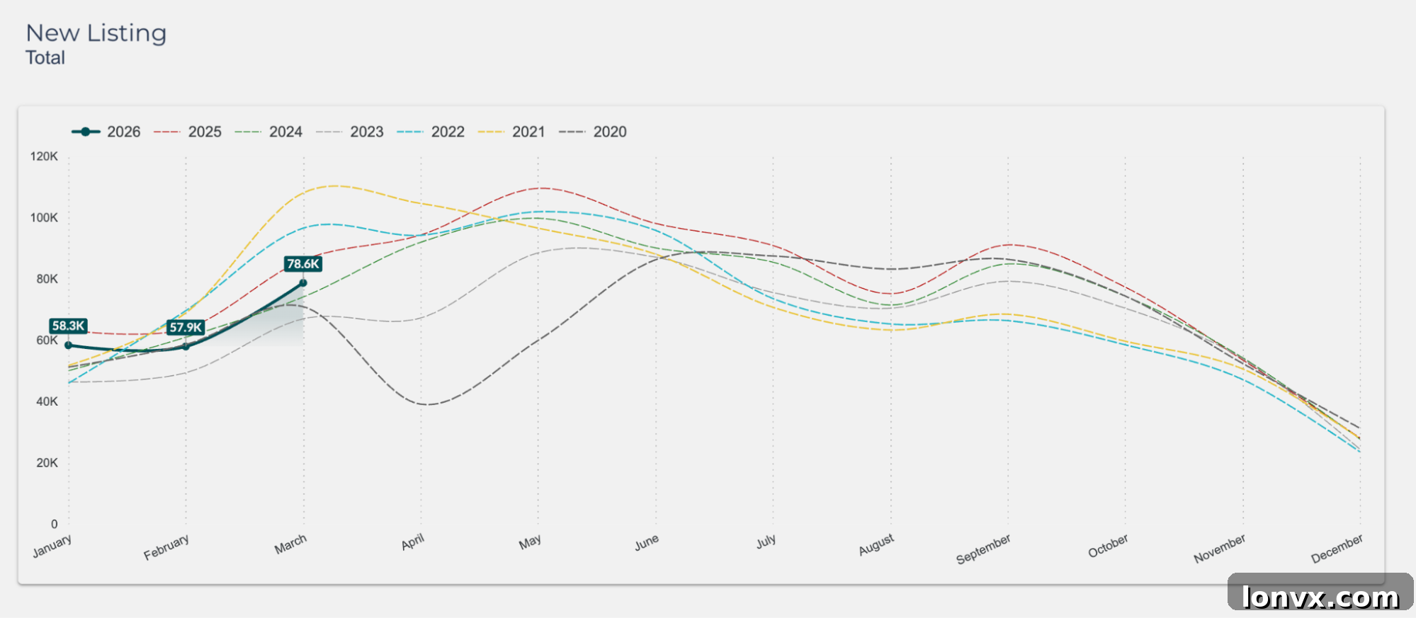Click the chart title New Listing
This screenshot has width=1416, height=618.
click(96, 33)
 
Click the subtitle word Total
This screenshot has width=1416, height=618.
click(45, 58)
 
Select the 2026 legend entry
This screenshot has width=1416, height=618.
click(106, 132)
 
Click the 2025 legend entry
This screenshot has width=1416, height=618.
click(188, 132)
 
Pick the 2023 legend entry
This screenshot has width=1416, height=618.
click(350, 132)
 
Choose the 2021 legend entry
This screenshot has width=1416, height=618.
click(511, 132)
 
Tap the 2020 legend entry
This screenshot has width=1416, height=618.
click(593, 132)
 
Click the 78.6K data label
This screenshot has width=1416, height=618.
click(303, 264)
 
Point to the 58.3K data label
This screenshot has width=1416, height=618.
click(68, 326)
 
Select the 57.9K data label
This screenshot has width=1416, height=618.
click(186, 327)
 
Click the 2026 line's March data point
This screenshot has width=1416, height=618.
click(303, 283)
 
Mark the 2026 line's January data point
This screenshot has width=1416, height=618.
click(69, 345)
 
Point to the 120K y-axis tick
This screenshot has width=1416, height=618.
click(44, 156)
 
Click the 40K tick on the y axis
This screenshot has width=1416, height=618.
click(47, 401)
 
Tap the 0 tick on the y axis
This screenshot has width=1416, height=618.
click(55, 524)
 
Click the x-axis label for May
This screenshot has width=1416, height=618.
click(530, 542)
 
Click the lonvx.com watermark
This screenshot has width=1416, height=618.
click(1321, 597)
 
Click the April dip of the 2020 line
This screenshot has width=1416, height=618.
click(428, 404)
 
